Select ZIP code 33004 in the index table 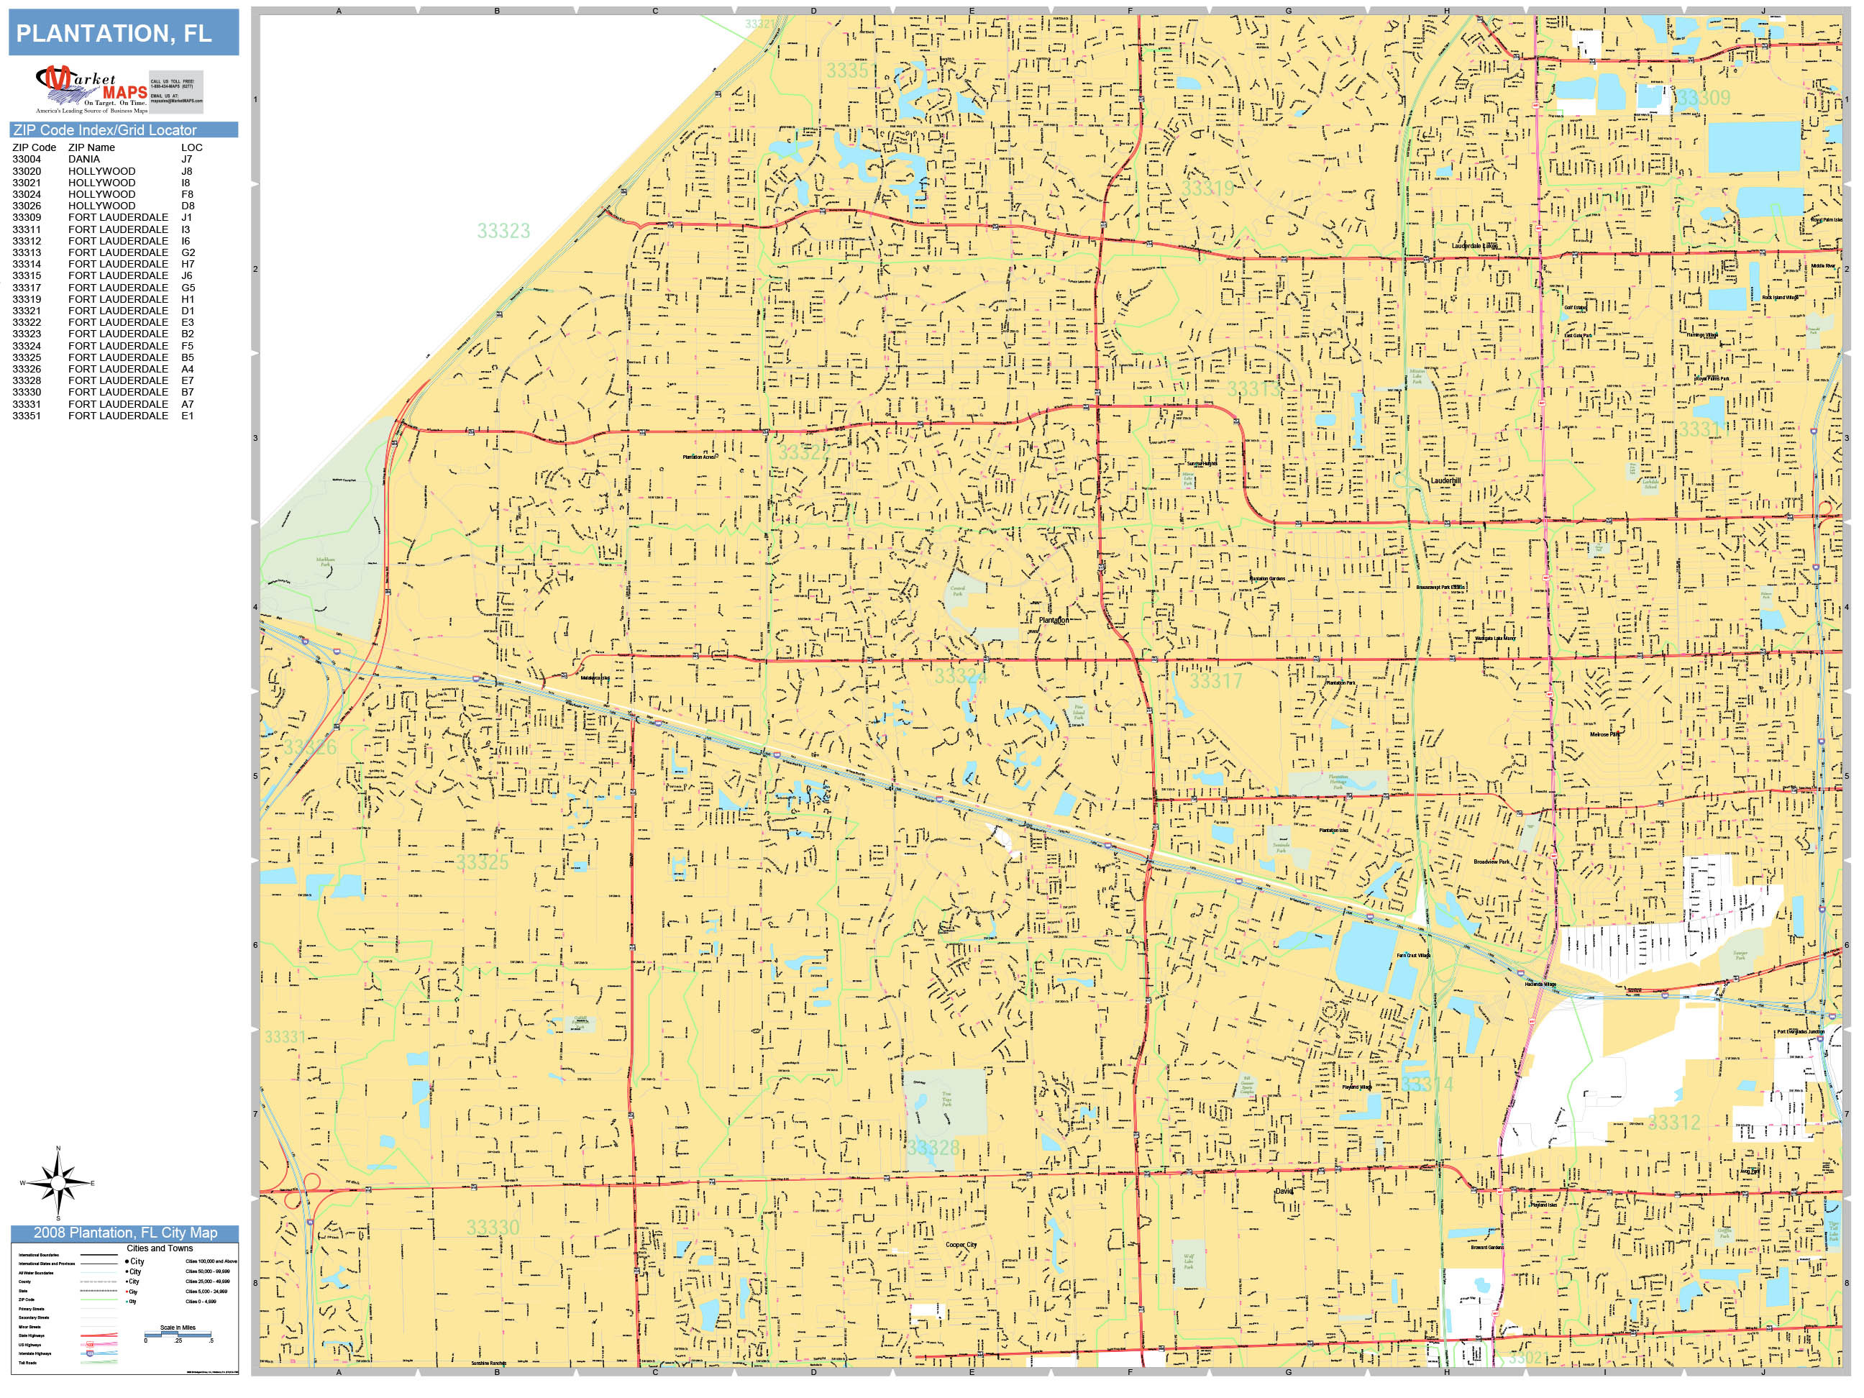tap(26, 159)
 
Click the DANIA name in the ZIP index tap(84, 159)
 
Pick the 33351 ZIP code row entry tap(26, 416)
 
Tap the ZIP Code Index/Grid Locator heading tap(105, 129)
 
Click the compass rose tap(58, 1183)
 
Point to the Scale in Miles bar tap(178, 1334)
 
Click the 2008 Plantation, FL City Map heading tap(124, 1233)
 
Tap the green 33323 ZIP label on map tap(503, 231)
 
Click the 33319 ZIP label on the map tap(1207, 188)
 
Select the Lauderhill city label tap(1446, 481)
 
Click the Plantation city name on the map tap(1054, 620)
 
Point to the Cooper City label tap(961, 1245)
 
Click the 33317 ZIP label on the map tap(1215, 681)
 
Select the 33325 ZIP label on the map tap(482, 862)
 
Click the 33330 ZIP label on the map tap(493, 1227)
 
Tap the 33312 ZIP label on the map tap(1673, 1123)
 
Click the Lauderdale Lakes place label tap(1475, 246)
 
